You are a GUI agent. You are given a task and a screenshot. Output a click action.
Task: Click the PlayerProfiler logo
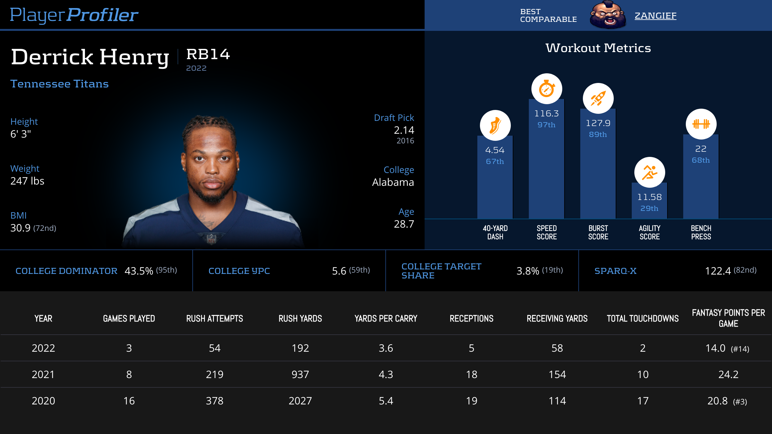pos(74,15)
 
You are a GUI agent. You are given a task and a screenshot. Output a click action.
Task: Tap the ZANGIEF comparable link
pos(655,15)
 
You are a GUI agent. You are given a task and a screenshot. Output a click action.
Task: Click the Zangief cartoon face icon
pos(608,15)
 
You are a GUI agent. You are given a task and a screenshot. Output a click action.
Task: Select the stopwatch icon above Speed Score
pos(547,89)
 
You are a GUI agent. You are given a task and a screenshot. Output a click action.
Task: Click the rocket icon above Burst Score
pos(598,98)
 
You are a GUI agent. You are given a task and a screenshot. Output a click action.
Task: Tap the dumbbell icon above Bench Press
pos(701,124)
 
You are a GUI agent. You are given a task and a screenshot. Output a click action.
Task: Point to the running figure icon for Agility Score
pos(649,172)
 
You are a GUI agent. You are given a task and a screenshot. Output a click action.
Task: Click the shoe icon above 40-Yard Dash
pos(495,125)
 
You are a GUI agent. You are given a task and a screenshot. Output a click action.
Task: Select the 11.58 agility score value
pos(649,197)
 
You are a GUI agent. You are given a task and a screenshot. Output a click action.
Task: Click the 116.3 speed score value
pos(547,113)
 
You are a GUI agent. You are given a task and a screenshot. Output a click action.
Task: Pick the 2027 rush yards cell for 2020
pos(300,401)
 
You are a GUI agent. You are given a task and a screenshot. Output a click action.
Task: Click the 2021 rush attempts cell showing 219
pos(215,375)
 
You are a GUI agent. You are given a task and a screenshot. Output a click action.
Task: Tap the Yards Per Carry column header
pos(386,319)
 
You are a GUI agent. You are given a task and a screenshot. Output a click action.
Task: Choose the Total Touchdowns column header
pos(643,319)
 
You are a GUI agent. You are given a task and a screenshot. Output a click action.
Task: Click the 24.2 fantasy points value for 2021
pos(728,375)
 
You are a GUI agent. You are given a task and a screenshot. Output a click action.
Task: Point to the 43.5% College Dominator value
pos(139,271)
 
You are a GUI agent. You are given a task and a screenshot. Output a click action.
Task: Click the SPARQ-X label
pos(615,271)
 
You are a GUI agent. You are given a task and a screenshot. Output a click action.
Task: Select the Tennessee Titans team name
pos(60,84)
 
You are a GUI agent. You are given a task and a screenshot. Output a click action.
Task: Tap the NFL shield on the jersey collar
pos(211,239)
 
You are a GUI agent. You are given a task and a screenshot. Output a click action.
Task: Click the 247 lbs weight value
pos(27,181)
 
